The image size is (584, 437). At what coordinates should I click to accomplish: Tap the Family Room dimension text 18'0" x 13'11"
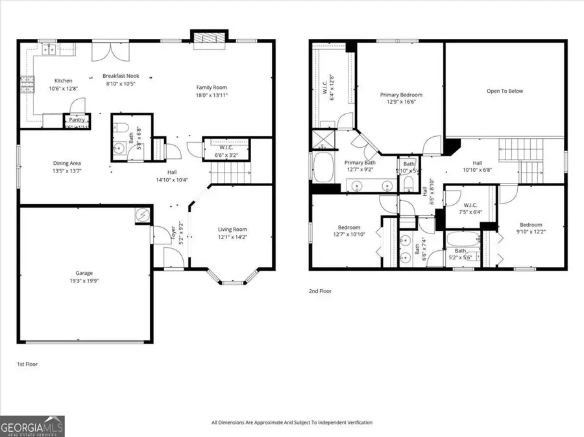[x=212, y=95]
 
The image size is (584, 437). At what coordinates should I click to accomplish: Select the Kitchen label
[x=63, y=80]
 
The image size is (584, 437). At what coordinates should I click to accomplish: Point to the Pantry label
[x=76, y=120]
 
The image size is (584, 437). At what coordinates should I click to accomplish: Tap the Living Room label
[x=232, y=229]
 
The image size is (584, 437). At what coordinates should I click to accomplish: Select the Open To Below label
[x=504, y=91]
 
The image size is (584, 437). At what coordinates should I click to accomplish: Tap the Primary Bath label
[x=359, y=163]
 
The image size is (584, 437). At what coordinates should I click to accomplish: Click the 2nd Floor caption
[x=320, y=292]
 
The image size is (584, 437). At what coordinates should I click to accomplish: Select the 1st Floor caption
[x=27, y=364]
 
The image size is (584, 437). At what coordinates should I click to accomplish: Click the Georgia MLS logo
[x=32, y=426]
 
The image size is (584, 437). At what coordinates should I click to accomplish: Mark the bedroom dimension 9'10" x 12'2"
[x=530, y=232]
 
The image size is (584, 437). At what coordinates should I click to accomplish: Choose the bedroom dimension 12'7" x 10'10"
[x=348, y=235]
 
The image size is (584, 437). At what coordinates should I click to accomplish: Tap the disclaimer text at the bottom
[x=292, y=423]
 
